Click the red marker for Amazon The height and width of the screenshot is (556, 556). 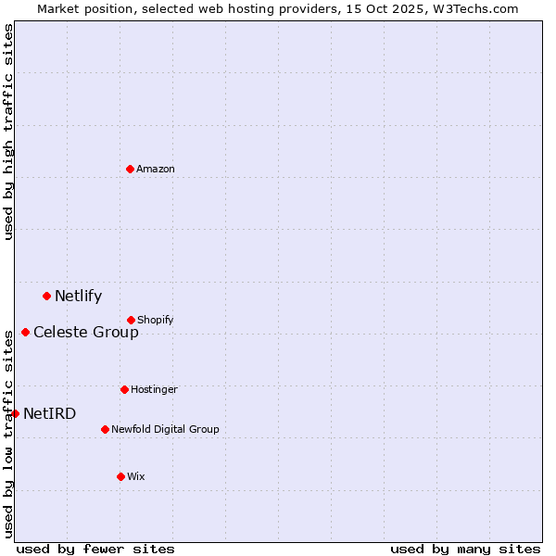pos(130,169)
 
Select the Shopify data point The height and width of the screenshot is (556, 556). pos(131,320)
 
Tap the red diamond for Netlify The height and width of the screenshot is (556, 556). pos(46,296)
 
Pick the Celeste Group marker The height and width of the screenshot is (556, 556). pos(25,332)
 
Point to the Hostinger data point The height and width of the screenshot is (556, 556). pos(124,389)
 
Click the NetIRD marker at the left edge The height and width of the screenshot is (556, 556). pos(15,413)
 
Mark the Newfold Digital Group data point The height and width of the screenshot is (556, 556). pos(105,429)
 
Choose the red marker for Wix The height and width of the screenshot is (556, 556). pos(120,476)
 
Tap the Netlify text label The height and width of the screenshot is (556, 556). pos(78,297)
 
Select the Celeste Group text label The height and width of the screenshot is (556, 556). pos(86,332)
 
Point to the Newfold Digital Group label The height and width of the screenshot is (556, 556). pos(165,429)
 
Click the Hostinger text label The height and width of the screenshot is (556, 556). pos(154,389)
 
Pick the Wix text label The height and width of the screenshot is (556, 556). pos(136,476)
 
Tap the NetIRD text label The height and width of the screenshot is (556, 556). pos(50,413)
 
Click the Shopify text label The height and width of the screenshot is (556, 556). pos(156,320)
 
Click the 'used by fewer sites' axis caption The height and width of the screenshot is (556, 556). pos(95,549)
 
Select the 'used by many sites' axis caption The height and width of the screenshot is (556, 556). pos(465,549)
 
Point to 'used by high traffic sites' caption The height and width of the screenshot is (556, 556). pos(8,132)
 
